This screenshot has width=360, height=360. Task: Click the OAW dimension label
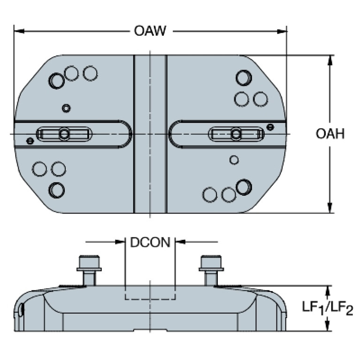pos(150,31)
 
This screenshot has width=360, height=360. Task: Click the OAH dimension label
pos(330,134)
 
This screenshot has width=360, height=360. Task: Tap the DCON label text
pos(150,242)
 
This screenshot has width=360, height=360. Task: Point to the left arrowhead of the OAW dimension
pos(19,31)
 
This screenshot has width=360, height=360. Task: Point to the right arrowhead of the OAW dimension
pos(282,31)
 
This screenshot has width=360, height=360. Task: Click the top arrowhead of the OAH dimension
pos(329,61)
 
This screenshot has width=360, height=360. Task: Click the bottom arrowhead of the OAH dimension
pos(329,208)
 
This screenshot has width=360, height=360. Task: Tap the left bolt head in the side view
pos(89,263)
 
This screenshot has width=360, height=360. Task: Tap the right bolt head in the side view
pos(211,263)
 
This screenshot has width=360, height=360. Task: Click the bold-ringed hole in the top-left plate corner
pos(56,81)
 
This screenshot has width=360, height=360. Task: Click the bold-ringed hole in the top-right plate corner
pos(244,78)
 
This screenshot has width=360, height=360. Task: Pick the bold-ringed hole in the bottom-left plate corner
pos(56,190)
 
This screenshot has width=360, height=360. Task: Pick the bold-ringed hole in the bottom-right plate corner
pos(244,187)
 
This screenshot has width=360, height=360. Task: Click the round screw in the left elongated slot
pos(64,134)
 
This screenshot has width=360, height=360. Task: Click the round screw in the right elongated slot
pos(236,134)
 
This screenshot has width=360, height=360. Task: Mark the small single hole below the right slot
pos(234,160)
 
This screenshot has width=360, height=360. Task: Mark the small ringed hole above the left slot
pos(66,108)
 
